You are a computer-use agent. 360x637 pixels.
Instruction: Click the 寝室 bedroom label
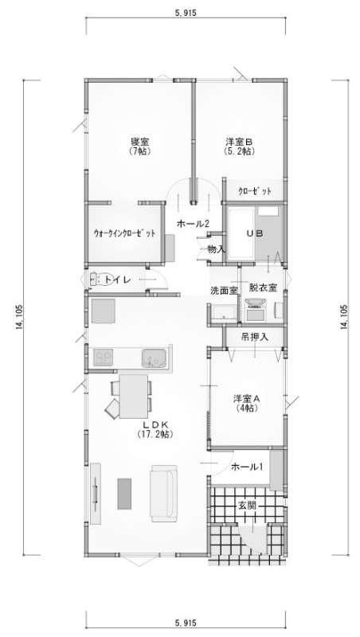click(139, 143)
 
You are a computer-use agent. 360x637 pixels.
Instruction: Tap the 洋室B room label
click(239, 143)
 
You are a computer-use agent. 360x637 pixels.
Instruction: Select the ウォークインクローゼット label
click(124, 233)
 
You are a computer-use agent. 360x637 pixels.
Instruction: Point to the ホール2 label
click(193, 224)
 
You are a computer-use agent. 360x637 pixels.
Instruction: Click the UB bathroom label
click(256, 233)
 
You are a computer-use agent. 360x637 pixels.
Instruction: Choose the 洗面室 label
click(224, 290)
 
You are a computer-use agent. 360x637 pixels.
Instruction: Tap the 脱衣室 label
click(263, 287)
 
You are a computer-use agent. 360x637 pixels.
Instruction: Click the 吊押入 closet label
click(255, 337)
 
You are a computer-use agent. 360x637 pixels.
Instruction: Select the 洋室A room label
click(247, 398)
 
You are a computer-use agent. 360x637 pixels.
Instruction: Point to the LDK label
click(155, 424)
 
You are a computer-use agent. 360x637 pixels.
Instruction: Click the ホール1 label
click(247, 467)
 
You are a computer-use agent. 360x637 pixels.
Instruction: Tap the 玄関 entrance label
click(247, 506)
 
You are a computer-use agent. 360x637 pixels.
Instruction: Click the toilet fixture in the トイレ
click(101, 279)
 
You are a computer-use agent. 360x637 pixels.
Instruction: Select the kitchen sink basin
click(154, 358)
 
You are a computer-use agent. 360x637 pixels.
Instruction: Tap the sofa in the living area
click(164, 494)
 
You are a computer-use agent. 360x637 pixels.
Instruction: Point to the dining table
click(134, 396)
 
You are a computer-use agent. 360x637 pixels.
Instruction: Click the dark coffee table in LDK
click(124, 494)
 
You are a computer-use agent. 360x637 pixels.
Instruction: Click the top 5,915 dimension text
click(186, 13)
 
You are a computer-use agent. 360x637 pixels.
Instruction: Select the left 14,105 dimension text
click(19, 317)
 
